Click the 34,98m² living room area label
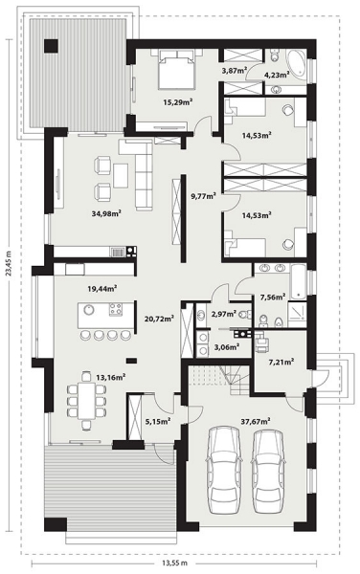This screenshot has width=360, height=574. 106,213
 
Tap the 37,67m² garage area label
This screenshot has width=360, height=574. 256,421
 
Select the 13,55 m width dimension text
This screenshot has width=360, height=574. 174,563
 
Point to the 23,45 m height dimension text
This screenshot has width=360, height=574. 10,263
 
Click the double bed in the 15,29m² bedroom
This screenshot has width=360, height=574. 176,70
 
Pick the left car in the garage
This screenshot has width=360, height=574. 225,471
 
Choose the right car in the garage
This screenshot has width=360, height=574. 268,471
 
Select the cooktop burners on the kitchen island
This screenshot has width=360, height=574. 116,310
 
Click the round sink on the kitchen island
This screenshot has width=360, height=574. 89,310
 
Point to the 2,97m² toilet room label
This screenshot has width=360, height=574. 224,314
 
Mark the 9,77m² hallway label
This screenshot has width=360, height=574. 204,196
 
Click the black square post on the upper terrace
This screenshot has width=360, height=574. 51,46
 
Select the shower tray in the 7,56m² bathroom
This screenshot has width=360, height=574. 297,315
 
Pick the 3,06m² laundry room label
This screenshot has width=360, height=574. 227,346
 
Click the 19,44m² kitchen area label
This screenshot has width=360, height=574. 102,289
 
